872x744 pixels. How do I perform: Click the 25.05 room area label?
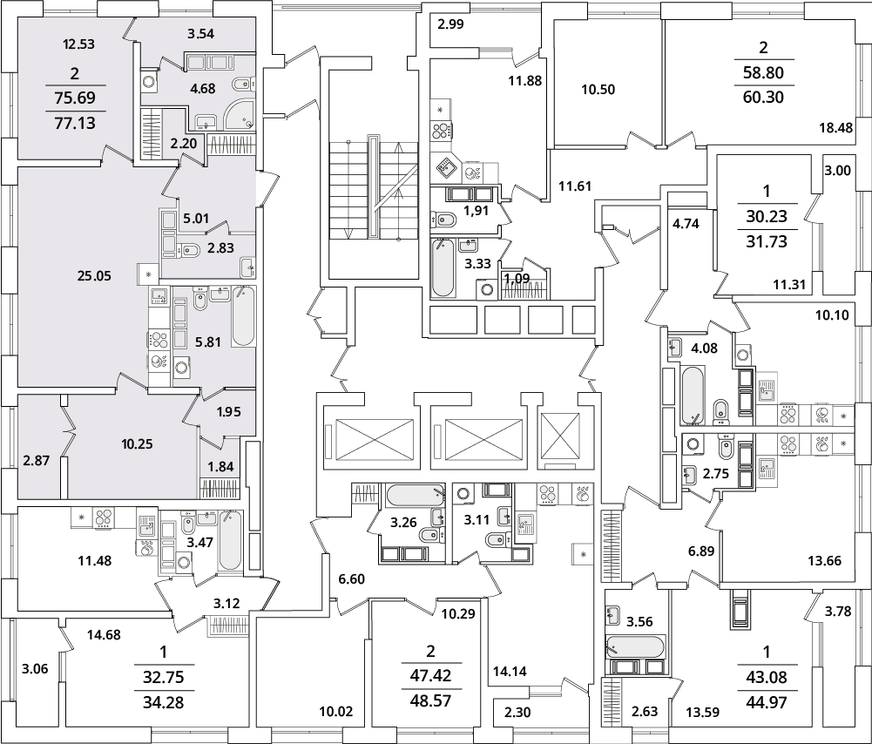(94, 276)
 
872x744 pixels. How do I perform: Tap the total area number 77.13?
(75, 123)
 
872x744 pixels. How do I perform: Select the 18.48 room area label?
(836, 128)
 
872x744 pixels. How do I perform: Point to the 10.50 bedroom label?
(598, 90)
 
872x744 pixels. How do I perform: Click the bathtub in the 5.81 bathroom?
(243, 316)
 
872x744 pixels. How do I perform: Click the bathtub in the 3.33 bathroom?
(443, 267)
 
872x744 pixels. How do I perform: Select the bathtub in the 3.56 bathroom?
(634, 647)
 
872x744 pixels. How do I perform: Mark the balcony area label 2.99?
(450, 24)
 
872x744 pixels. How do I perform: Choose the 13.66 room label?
(824, 560)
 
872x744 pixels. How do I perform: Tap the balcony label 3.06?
(35, 669)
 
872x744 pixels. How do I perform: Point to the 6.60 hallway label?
(351, 579)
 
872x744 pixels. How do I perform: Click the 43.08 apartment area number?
(767, 678)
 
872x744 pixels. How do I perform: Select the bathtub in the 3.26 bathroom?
(416, 494)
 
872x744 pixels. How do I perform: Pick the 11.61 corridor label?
(575, 186)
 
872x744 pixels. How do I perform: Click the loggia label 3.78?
(838, 612)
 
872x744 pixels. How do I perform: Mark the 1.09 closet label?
(517, 277)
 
